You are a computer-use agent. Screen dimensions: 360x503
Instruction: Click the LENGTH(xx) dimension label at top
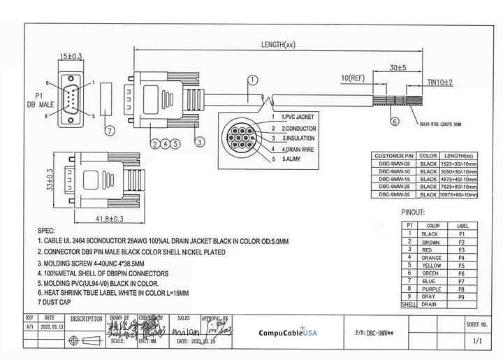click(x=278, y=45)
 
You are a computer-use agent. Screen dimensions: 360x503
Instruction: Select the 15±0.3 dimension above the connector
click(x=71, y=55)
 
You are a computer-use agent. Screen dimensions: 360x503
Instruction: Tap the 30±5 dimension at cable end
click(x=398, y=68)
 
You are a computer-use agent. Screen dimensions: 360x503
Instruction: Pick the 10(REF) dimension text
click(x=353, y=76)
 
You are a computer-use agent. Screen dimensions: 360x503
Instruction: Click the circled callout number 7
click(x=110, y=130)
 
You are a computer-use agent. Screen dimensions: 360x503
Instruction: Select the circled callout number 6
click(x=395, y=121)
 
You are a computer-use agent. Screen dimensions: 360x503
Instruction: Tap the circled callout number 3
click(x=199, y=142)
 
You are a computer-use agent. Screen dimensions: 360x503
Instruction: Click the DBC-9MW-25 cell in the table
click(x=395, y=187)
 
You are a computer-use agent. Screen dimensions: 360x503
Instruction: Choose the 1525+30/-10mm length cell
click(x=458, y=163)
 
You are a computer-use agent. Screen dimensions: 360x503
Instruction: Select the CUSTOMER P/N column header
click(x=395, y=155)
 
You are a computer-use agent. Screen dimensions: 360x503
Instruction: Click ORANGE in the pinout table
click(x=432, y=258)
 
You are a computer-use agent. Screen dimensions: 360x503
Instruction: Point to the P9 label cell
click(x=462, y=296)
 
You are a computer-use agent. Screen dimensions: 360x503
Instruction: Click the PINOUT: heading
click(x=412, y=211)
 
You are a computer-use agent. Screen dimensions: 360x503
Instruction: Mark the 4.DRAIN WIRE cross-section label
click(x=298, y=149)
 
